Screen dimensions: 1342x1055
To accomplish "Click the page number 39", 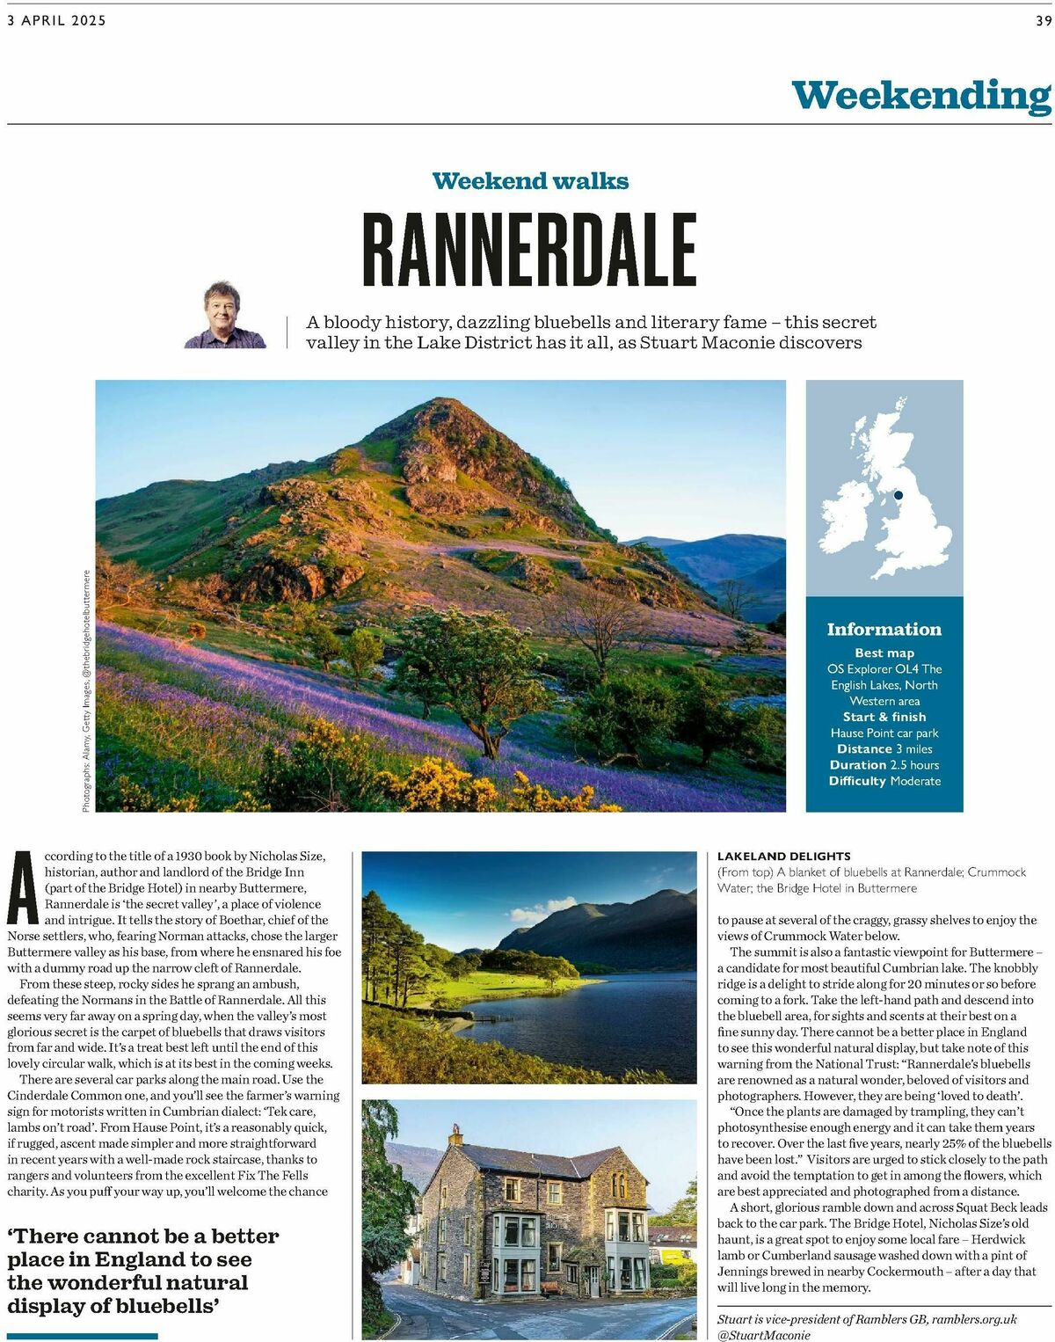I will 1043,20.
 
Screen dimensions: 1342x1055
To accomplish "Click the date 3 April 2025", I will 56,20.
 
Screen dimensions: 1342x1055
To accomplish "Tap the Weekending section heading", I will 920,95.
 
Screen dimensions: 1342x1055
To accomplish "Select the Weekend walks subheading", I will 530,181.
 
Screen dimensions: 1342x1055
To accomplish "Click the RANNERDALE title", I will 529,250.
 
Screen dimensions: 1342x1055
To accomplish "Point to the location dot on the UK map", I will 899,495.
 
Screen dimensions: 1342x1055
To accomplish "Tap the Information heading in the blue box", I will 884,630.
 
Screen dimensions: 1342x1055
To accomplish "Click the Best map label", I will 884,653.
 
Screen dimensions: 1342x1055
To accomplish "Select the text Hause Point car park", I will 884,733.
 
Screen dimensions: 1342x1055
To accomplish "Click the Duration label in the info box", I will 857,765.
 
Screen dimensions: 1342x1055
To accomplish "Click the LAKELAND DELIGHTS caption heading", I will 784,856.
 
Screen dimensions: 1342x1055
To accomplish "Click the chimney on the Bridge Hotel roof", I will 455,1134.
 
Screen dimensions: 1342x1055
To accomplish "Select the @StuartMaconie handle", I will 764,1335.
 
